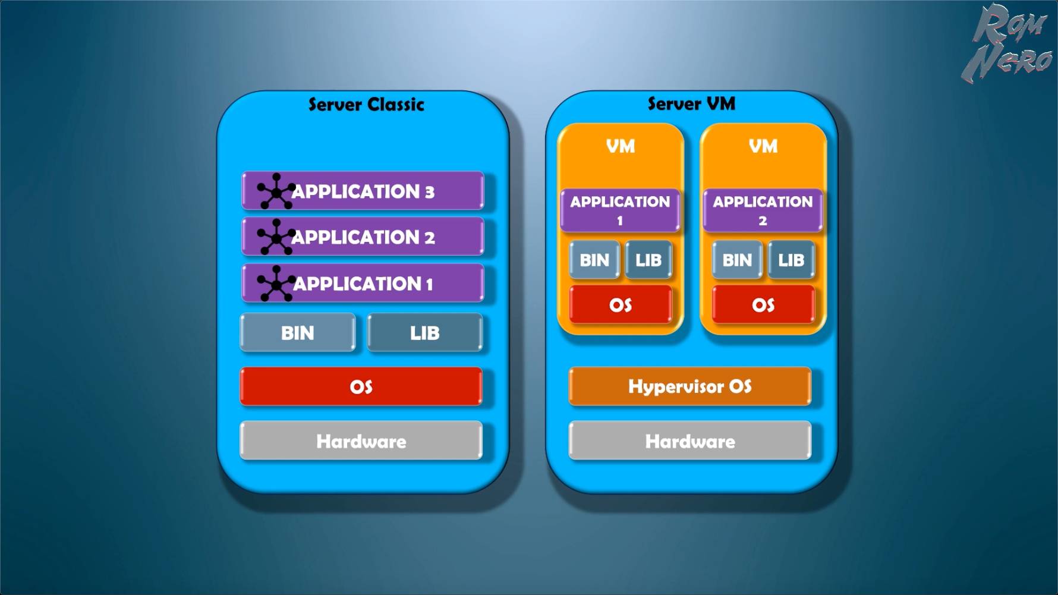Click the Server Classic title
[x=366, y=105]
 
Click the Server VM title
[x=691, y=104]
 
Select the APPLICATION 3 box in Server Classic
[x=363, y=191]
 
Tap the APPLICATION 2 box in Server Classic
[x=363, y=237]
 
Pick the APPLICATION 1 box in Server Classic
[x=363, y=283]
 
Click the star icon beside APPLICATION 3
[x=276, y=191]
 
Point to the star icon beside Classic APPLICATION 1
[x=276, y=284]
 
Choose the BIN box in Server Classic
[x=297, y=333]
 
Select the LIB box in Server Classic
[x=424, y=333]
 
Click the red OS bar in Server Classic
[x=361, y=386]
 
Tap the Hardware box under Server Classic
[x=361, y=441]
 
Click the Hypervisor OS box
[x=689, y=386]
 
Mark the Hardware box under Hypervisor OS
[x=689, y=441]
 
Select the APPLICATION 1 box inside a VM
[x=620, y=210]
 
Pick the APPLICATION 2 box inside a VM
[x=763, y=210]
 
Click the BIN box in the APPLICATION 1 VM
[x=594, y=260]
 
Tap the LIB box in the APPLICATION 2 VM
[x=791, y=260]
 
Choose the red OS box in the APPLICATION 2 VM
[x=763, y=305]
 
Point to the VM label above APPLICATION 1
[x=621, y=146]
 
